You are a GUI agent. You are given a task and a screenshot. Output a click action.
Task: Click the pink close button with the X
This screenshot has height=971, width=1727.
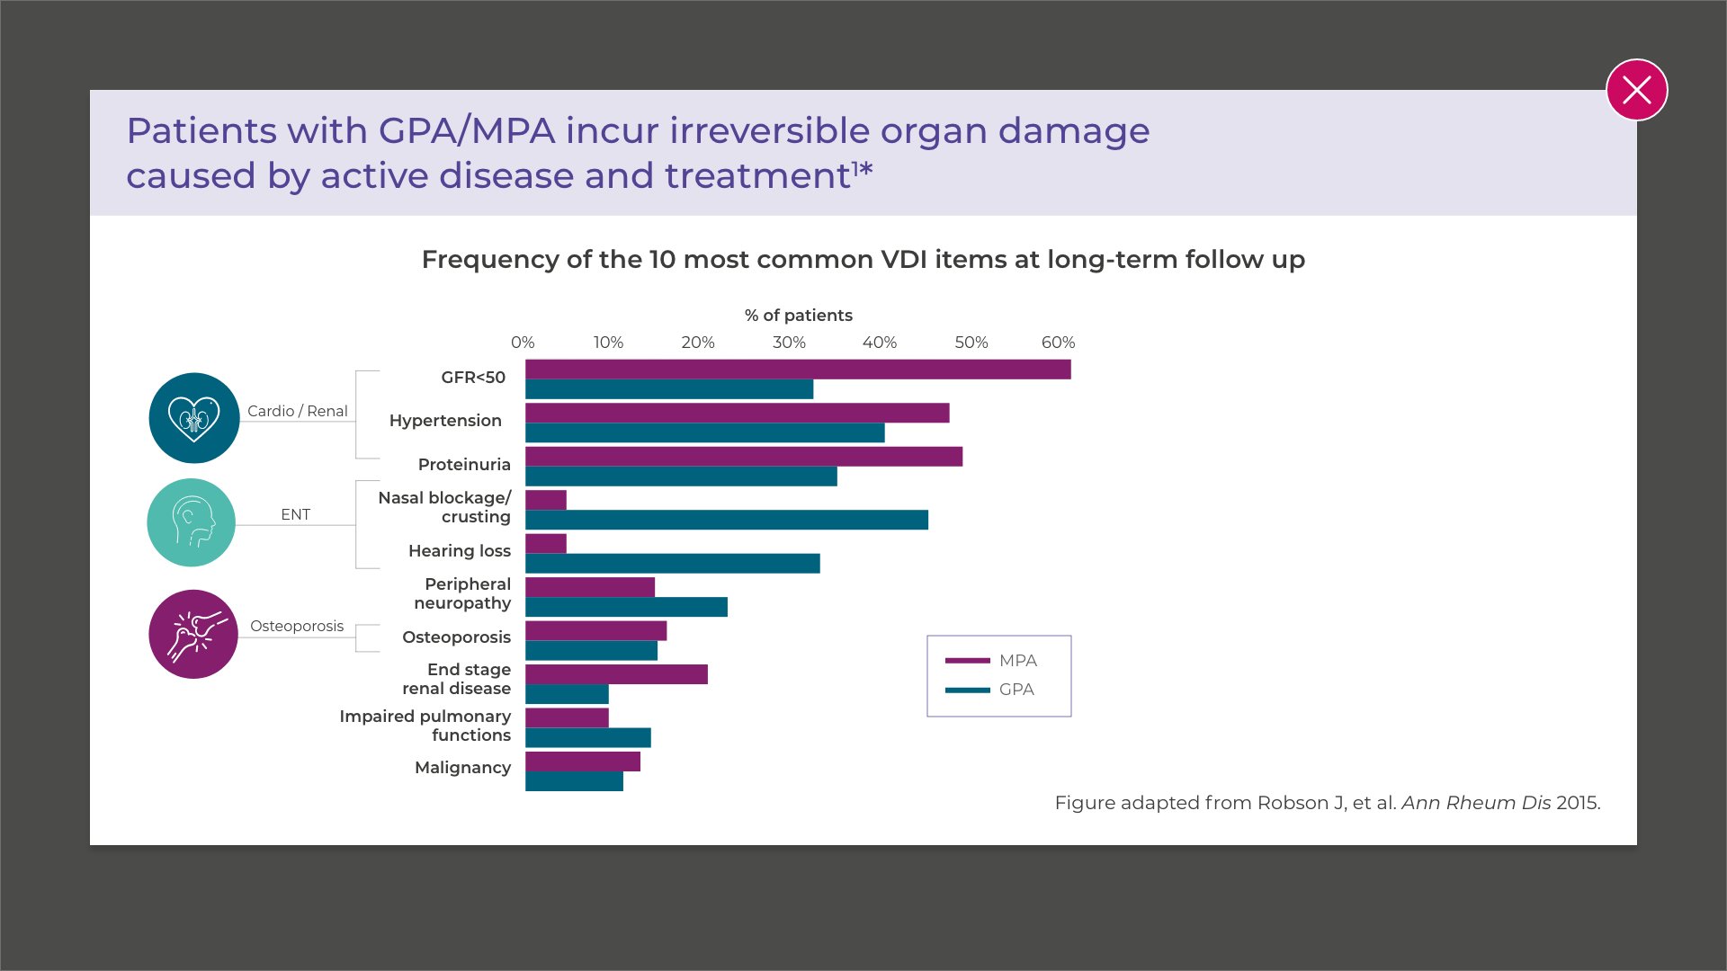(x=1636, y=90)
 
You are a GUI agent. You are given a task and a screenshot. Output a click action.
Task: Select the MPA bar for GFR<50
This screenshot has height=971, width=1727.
(x=798, y=370)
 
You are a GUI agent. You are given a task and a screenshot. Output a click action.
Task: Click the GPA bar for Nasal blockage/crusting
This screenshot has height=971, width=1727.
(x=726, y=520)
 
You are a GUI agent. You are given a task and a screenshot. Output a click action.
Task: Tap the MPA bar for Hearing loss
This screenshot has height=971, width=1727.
(x=546, y=543)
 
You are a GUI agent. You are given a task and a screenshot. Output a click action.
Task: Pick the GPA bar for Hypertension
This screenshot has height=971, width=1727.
(x=704, y=432)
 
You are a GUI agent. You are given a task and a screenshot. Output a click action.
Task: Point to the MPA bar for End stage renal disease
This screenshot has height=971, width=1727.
(x=616, y=674)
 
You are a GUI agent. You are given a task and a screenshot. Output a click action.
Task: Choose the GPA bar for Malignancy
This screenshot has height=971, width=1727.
(x=574, y=781)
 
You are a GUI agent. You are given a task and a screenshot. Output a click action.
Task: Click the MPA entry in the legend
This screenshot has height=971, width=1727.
(x=993, y=661)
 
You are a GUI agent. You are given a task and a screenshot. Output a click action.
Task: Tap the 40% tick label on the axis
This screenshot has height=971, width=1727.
(x=879, y=343)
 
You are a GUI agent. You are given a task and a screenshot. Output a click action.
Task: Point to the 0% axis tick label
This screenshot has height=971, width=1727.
(x=523, y=343)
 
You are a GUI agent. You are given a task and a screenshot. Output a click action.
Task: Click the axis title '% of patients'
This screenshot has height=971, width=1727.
(x=798, y=316)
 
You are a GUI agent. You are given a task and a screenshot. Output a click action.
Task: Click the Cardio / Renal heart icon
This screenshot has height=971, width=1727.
(x=194, y=418)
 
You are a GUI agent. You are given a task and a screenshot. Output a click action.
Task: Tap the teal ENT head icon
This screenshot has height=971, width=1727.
(x=192, y=522)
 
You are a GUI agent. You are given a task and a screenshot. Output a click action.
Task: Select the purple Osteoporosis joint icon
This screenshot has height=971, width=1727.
(x=193, y=634)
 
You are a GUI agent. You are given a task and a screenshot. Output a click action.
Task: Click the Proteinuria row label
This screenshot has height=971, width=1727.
(x=464, y=465)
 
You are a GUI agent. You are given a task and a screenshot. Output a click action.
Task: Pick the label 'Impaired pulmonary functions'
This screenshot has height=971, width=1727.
(x=425, y=726)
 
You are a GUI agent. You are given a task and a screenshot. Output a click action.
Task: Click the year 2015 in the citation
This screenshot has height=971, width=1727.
(x=1577, y=803)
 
